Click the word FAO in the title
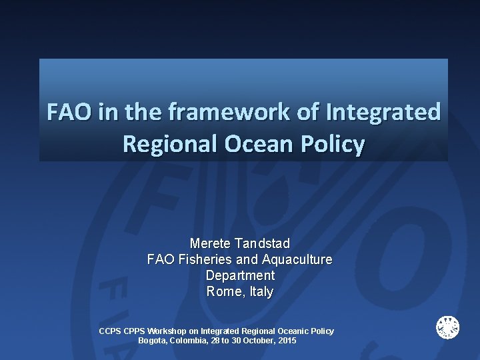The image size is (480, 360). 69,111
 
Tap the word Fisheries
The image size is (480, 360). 203,259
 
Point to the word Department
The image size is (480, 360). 240,275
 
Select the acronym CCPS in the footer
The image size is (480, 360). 110,331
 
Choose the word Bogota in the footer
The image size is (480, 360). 153,340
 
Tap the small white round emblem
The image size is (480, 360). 447,327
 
